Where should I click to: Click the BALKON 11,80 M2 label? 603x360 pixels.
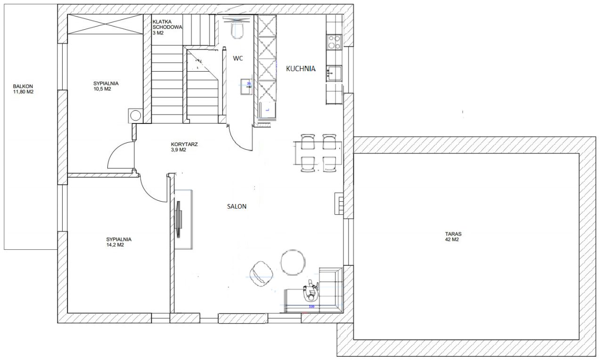[x=23, y=89]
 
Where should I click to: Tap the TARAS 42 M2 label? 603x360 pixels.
[x=453, y=237]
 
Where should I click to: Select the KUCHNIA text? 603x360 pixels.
[x=301, y=69]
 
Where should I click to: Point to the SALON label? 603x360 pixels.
[x=236, y=206]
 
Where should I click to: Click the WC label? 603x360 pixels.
[x=238, y=58]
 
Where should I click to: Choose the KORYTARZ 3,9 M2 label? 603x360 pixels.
[x=184, y=147]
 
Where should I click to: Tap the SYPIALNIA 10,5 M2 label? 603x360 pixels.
[x=106, y=86]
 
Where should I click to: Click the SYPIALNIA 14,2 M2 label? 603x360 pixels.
[x=119, y=242]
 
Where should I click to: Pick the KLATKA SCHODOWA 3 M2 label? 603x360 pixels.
[x=167, y=27]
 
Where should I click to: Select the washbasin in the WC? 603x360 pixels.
[x=246, y=87]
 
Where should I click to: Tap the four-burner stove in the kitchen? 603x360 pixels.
[x=334, y=42]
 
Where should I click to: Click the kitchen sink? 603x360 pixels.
[x=334, y=74]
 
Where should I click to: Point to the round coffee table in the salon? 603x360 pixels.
[x=293, y=262]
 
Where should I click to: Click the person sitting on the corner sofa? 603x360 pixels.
[x=311, y=290]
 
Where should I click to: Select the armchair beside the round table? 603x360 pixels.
[x=261, y=274]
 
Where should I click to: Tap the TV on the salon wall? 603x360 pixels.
[x=179, y=220]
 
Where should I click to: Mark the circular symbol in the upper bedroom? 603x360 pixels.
[x=135, y=116]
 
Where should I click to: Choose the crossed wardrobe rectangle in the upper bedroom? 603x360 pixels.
[x=105, y=24]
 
